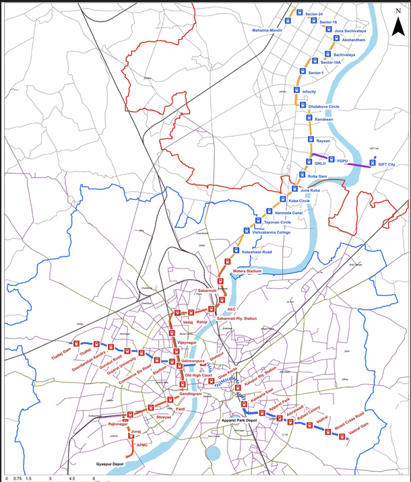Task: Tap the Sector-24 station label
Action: (x=314, y=14)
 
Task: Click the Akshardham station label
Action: (x=349, y=40)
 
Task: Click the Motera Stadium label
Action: (x=247, y=271)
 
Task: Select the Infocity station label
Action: (x=309, y=91)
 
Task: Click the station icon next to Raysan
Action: (x=311, y=140)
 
